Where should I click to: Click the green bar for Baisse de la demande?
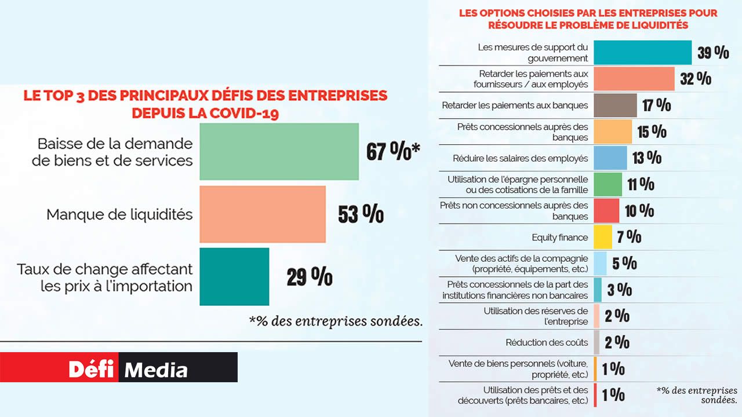point(279,151)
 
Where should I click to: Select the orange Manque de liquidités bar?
point(263,214)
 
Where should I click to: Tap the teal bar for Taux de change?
point(234,276)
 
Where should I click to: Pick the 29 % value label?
point(310,277)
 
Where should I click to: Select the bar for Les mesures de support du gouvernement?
point(643,52)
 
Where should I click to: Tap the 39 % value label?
point(713,53)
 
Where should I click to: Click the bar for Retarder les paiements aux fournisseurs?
point(634,79)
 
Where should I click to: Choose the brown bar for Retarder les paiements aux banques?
point(616,105)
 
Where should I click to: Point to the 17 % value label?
point(657,105)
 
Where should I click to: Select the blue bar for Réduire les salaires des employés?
point(610,158)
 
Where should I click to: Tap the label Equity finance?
point(559,237)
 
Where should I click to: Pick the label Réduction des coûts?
point(547,342)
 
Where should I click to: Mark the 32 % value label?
point(696,79)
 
